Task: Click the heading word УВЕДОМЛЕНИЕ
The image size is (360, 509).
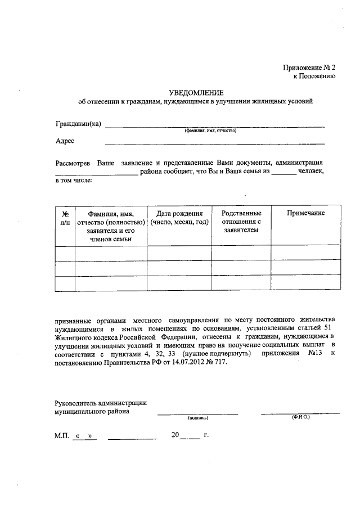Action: tap(197, 92)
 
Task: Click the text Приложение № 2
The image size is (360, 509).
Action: tap(309, 67)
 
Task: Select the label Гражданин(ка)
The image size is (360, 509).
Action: tap(78, 124)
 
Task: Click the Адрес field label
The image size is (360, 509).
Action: tap(65, 141)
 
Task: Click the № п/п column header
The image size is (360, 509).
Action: tap(65, 217)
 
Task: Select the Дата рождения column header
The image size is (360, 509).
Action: tap(179, 217)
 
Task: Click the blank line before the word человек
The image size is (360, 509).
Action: tap(284, 173)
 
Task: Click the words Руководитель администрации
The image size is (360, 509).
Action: tap(101, 402)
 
